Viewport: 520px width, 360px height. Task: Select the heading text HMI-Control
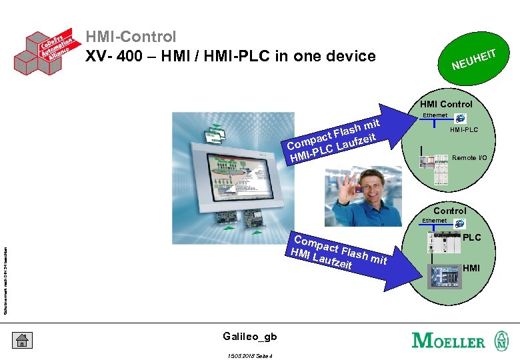pos(131,37)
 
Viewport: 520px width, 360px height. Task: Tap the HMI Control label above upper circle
pos(446,104)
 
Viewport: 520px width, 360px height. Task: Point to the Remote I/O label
pos(469,158)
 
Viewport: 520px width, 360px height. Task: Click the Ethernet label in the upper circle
pos(435,116)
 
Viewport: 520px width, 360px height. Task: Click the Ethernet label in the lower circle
pos(434,221)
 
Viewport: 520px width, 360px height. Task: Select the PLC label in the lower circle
pos(472,237)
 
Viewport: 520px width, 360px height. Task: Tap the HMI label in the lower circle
pos(471,268)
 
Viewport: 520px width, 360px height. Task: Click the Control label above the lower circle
pos(449,211)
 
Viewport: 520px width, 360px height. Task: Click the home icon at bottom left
pos(21,340)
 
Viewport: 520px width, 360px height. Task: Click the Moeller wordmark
pos(449,340)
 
